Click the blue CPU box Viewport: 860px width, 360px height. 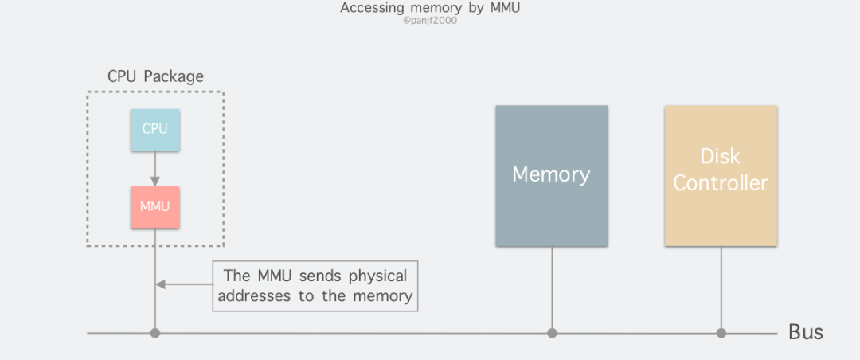pos(155,128)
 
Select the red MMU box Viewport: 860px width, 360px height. pos(155,207)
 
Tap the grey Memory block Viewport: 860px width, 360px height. pos(551,175)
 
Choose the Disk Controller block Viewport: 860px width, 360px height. pos(721,175)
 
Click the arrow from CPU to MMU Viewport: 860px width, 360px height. pos(155,168)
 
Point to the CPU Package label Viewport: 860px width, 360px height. pos(155,77)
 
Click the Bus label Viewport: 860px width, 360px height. pos(805,332)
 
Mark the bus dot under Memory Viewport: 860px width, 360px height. pos(551,333)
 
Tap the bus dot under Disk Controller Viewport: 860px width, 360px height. pos(721,333)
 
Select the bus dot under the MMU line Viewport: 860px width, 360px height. pos(155,333)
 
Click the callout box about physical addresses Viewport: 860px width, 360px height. pos(315,286)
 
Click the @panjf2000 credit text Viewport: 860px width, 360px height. pos(430,21)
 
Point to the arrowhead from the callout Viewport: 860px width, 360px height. pos(160,284)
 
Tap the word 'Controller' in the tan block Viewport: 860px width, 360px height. pos(721,183)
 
